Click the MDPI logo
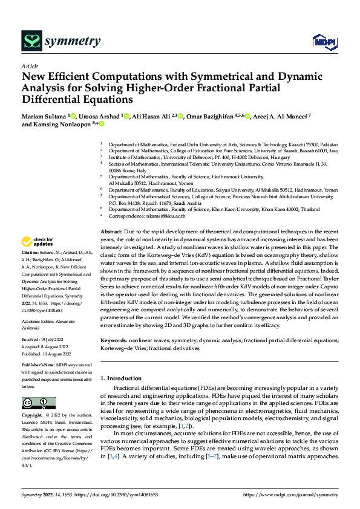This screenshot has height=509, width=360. click(x=321, y=41)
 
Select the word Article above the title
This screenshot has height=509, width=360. click(x=30, y=66)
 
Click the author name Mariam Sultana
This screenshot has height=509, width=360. click(x=45, y=115)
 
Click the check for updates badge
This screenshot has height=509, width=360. click(x=37, y=242)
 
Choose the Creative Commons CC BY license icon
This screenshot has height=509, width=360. click(x=39, y=403)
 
